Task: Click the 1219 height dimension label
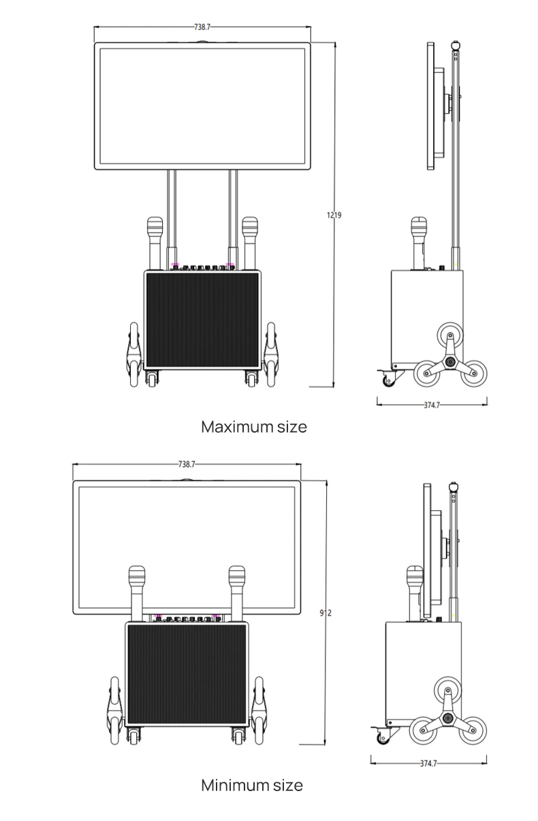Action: point(334,215)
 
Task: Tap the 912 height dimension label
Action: point(326,613)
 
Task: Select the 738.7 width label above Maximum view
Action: point(202,27)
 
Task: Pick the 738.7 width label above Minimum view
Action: point(187,464)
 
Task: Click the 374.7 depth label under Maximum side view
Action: point(432,405)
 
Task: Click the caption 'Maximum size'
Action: point(253,427)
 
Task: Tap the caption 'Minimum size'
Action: point(251,785)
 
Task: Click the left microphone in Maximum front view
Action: point(155,241)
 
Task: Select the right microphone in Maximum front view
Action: point(250,241)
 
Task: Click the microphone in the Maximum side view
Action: point(417,241)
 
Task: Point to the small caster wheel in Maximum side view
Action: point(389,379)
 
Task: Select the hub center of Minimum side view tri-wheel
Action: point(447,719)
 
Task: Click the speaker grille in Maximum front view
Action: point(202,320)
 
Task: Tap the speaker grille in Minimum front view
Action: point(185,673)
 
